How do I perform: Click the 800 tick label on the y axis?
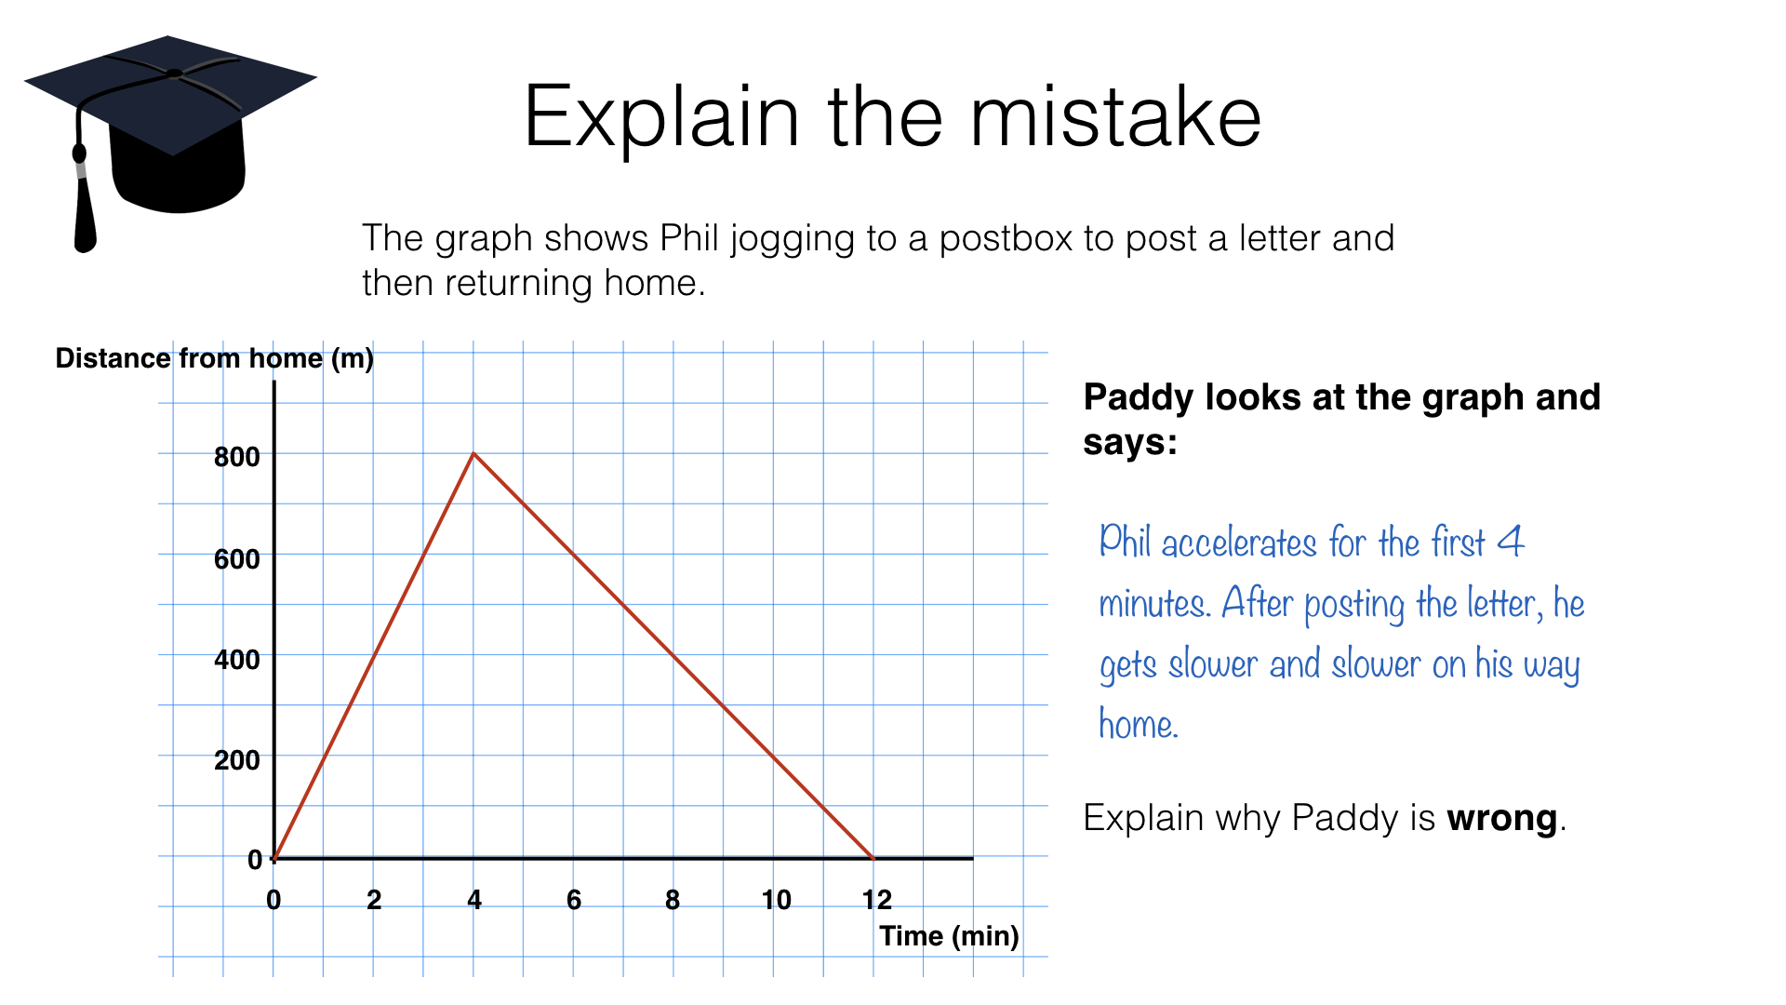coord(236,457)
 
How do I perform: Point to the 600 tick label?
coord(236,559)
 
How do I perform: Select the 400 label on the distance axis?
coord(236,660)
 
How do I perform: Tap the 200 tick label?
coord(236,760)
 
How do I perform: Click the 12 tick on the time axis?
coord(876,900)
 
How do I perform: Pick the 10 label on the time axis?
coord(776,900)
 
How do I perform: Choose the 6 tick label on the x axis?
coord(574,900)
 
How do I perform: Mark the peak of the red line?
coord(473,453)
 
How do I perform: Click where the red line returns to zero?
coord(873,858)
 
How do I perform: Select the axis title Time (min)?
coord(949,936)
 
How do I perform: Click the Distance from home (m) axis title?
coord(214,358)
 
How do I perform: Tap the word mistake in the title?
coord(1115,117)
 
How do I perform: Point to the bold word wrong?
coord(1501,819)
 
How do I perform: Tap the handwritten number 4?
coord(1511,542)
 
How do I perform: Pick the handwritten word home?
coord(1139,723)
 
